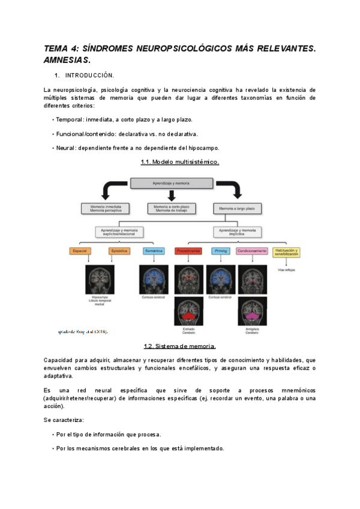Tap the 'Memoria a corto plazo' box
(x=171, y=208)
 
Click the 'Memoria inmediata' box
(x=105, y=208)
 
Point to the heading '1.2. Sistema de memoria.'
(x=179, y=346)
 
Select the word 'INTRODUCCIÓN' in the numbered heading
(x=89, y=76)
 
